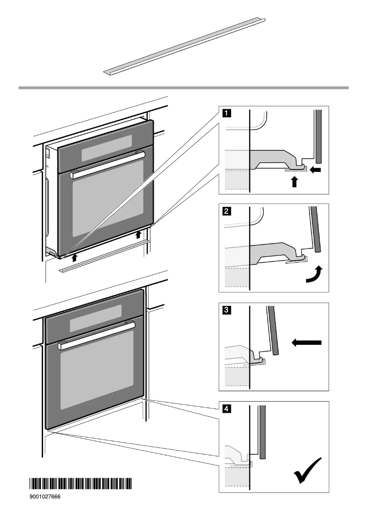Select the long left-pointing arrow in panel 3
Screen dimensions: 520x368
coord(307,342)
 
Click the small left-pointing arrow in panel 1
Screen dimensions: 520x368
coord(316,170)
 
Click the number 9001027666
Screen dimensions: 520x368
coord(46,496)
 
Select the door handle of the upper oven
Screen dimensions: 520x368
coord(107,164)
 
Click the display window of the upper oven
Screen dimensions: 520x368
coord(106,148)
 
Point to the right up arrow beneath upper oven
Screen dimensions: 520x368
coord(139,235)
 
